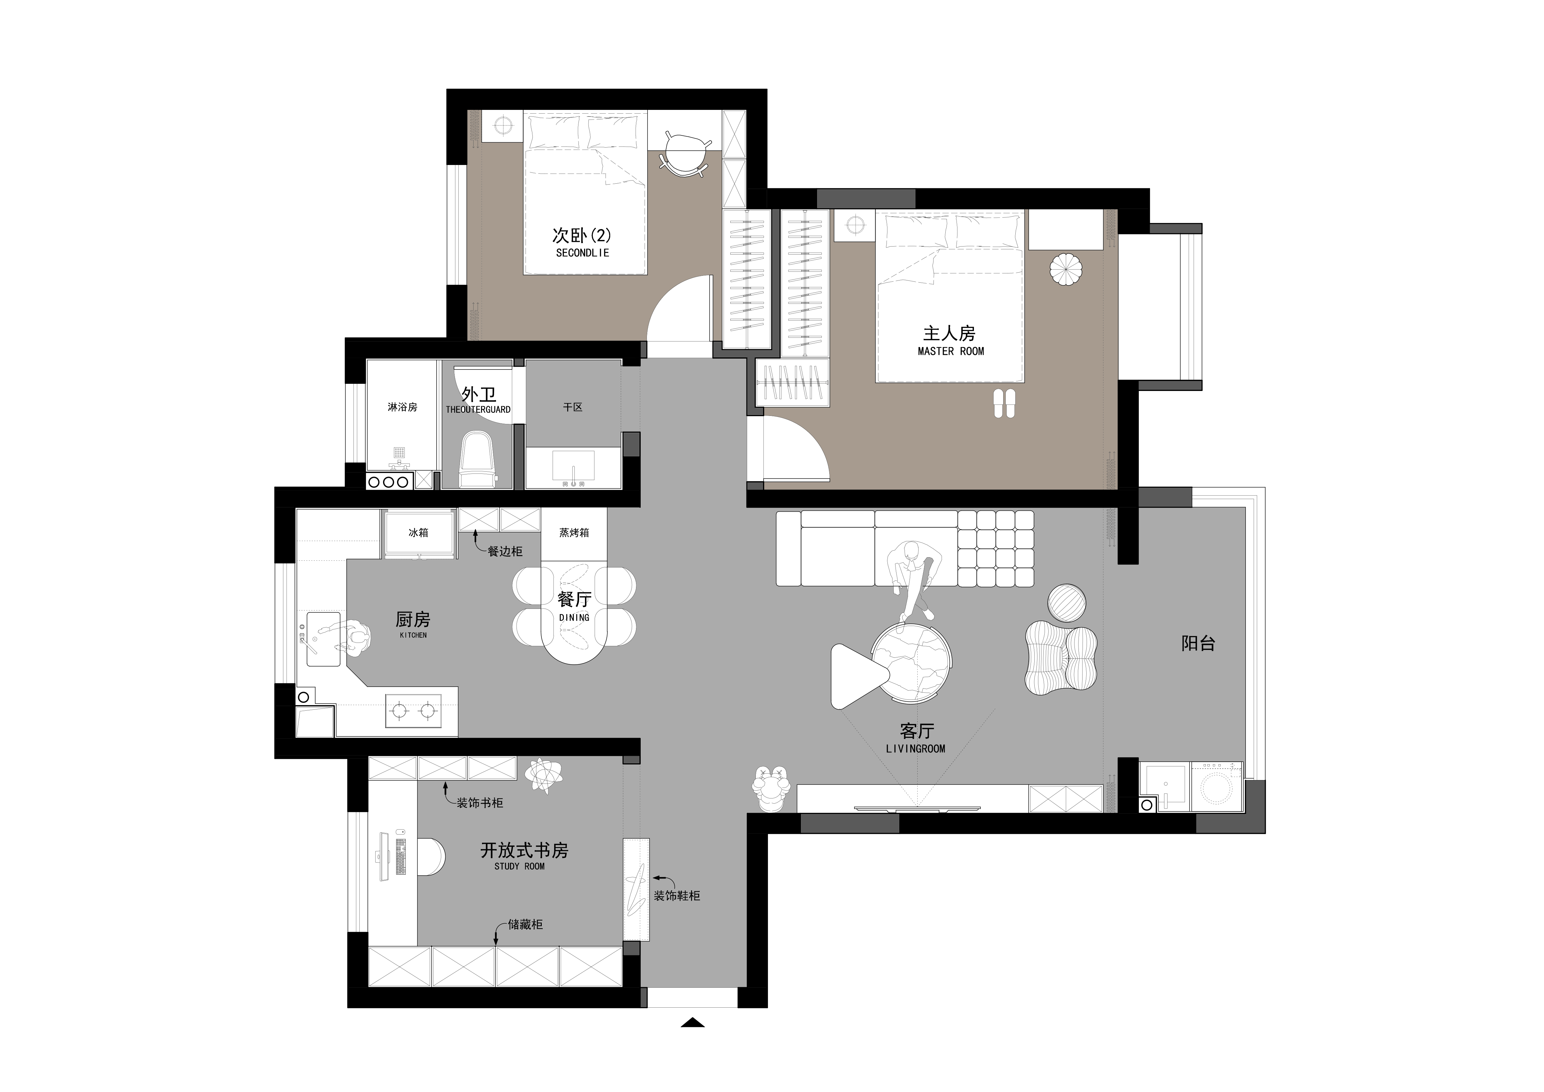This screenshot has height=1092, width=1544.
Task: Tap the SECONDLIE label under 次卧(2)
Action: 583,253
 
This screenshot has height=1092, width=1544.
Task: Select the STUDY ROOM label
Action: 519,867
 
